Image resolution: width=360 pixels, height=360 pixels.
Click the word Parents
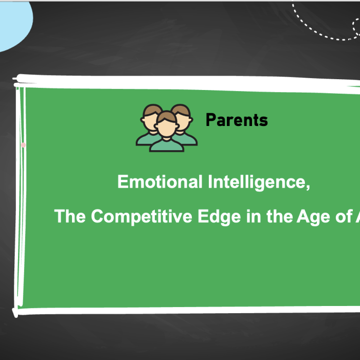pyautogui.click(x=237, y=120)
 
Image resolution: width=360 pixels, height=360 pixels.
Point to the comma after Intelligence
pyautogui.click(x=308, y=187)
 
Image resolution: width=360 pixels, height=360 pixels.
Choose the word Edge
pyautogui.click(x=218, y=217)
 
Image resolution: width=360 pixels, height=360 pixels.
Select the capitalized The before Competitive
pyautogui.click(x=70, y=217)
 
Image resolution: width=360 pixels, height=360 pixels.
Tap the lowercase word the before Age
pyautogui.click(x=279, y=217)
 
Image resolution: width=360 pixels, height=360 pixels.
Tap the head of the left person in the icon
pyautogui.click(x=152, y=117)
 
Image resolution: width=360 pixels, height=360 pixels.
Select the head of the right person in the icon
pyautogui.click(x=182, y=115)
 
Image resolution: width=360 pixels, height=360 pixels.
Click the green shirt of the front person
pyautogui.click(x=166, y=146)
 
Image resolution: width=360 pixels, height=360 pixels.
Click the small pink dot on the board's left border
pyautogui.click(x=23, y=146)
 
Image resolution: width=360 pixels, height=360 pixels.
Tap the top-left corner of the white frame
pyautogui.click(x=19, y=80)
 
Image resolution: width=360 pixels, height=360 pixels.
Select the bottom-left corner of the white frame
pyautogui.click(x=17, y=312)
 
